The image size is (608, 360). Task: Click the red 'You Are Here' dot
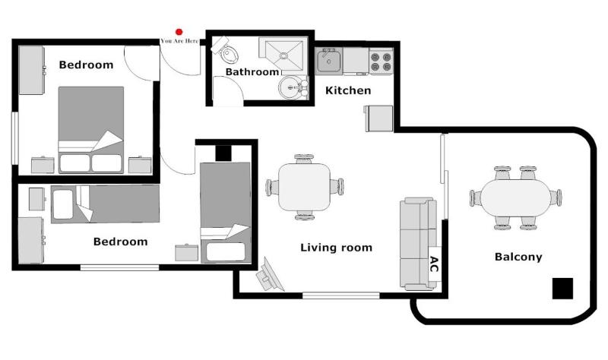[179, 31]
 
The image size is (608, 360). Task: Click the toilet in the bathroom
[227, 53]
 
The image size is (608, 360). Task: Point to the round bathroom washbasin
[291, 88]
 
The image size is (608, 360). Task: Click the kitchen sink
[329, 61]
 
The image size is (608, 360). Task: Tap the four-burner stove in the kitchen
[381, 61]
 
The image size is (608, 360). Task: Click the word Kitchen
[348, 90]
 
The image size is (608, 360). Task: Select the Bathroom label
[252, 72]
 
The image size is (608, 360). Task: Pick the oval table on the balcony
[515, 197]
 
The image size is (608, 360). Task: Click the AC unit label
[434, 264]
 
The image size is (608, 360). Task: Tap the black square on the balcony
[562, 289]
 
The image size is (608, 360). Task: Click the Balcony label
[518, 257]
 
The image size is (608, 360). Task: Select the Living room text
[336, 247]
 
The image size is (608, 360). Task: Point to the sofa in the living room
[416, 243]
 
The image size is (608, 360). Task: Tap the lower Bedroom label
[119, 242]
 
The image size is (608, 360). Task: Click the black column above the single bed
[223, 153]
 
